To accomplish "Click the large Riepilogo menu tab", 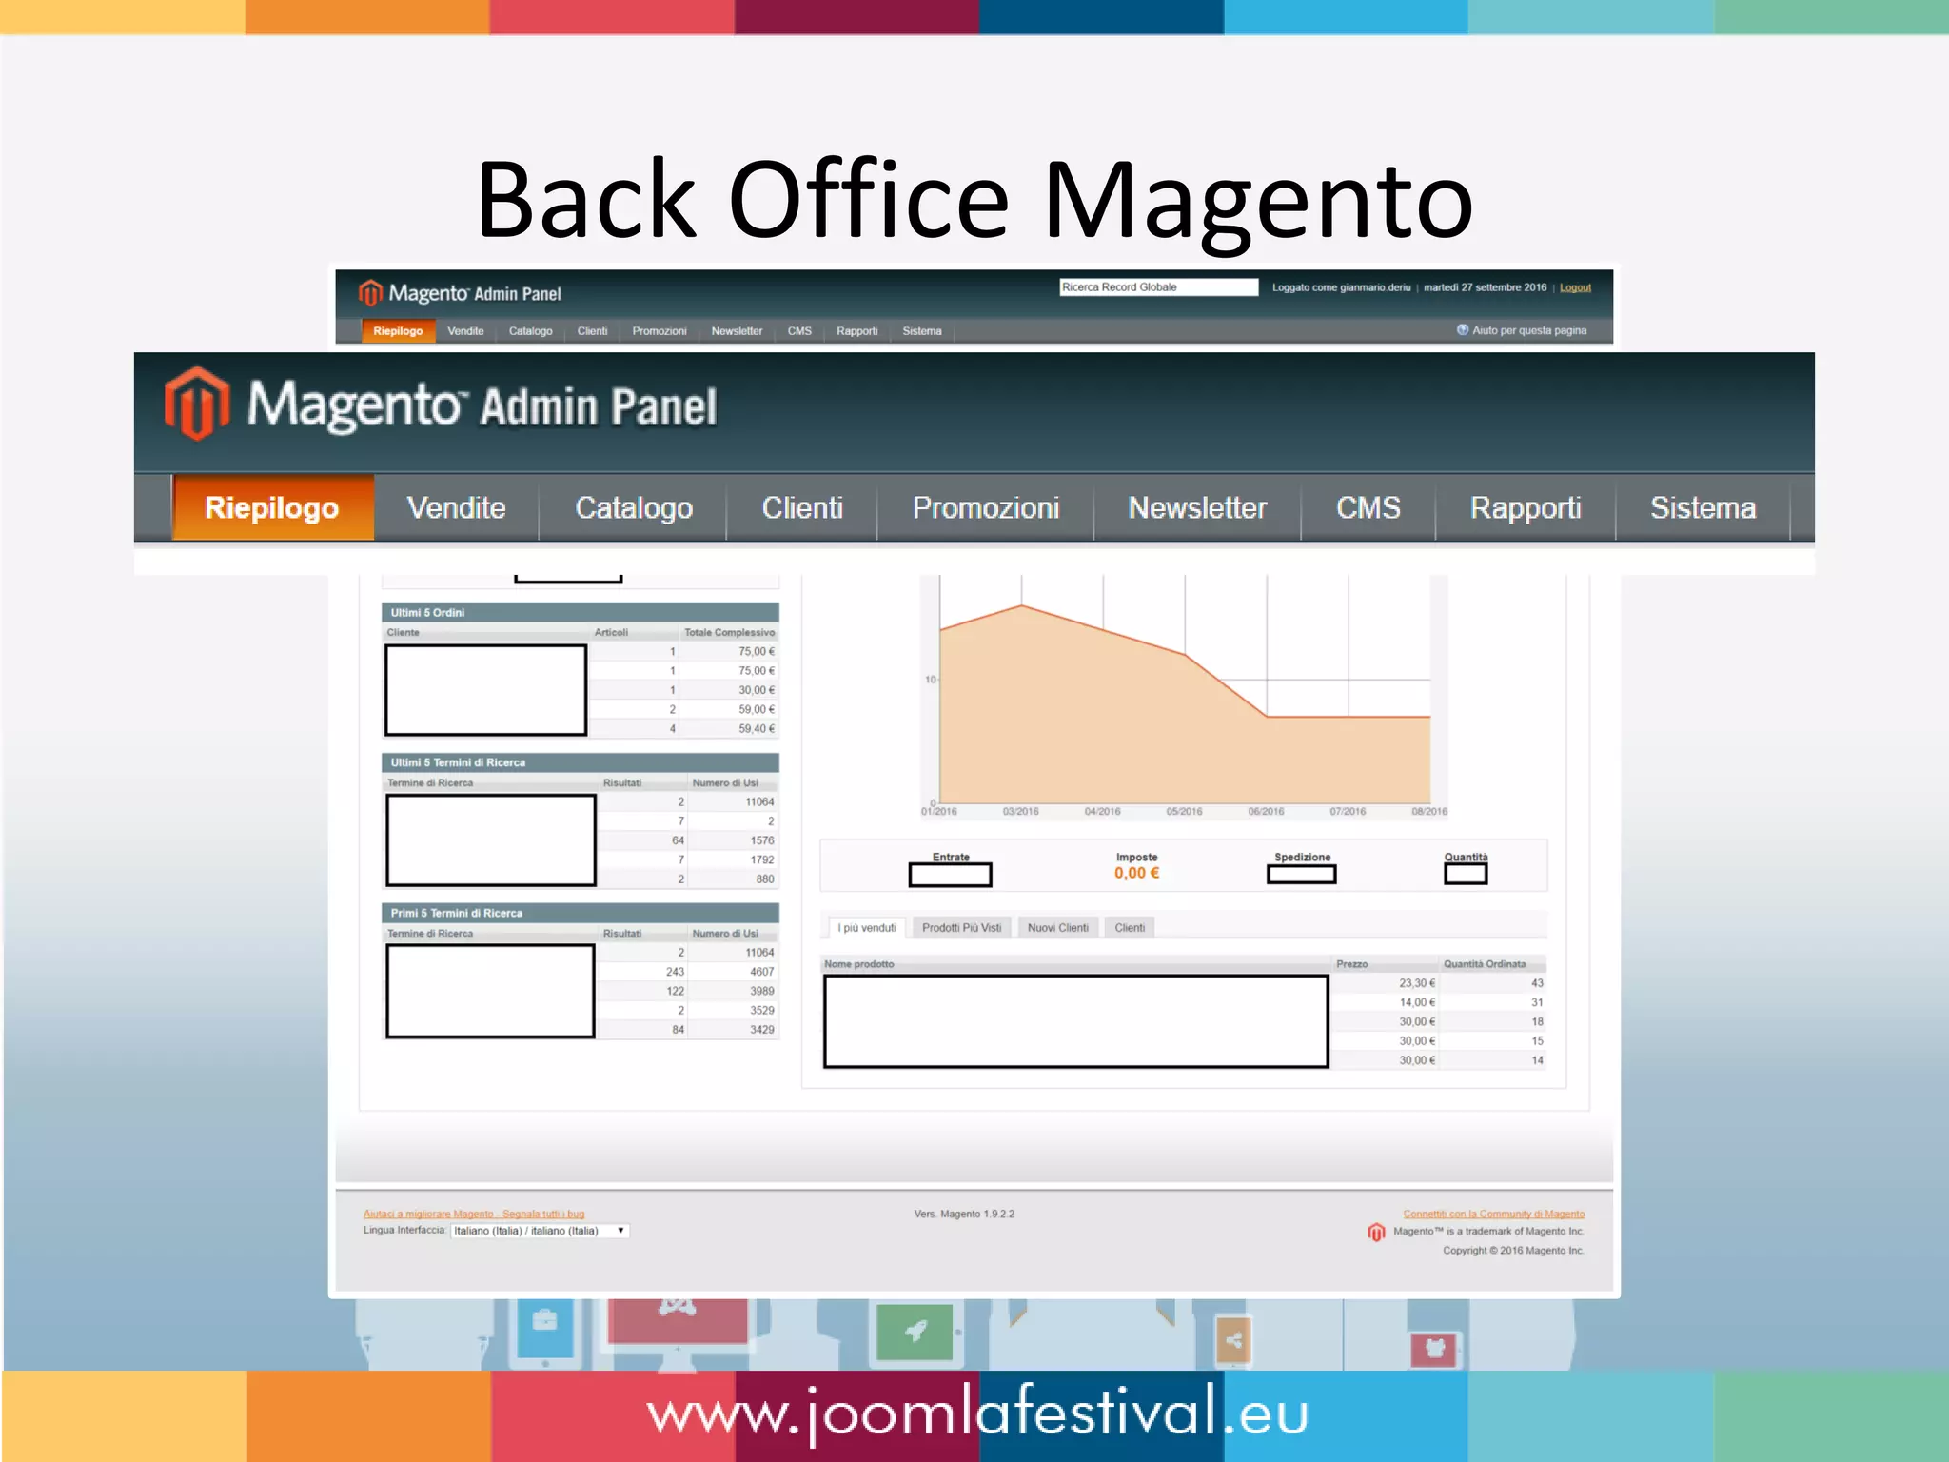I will click(x=272, y=508).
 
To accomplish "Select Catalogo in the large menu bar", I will click(x=634, y=508).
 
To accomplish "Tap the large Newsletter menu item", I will click(x=1197, y=508).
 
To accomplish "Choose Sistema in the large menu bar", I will click(x=1703, y=508).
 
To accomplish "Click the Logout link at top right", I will click(x=1575, y=287).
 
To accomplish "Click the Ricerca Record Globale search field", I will click(x=1158, y=287).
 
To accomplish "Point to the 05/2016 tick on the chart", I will click(x=1185, y=811).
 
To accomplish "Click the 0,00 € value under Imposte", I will click(x=1137, y=873).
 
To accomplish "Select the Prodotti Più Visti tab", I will click(x=961, y=928).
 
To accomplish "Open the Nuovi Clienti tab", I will click(x=1057, y=928).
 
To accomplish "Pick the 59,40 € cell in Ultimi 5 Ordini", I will click(x=757, y=729).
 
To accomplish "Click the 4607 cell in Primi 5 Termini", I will click(x=761, y=972).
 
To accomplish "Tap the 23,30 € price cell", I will click(x=1417, y=983).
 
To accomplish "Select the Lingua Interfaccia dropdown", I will click(x=540, y=1231).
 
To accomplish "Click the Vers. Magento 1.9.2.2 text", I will click(x=964, y=1214).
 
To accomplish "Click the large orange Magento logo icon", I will click(x=197, y=404).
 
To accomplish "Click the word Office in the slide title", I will click(x=868, y=201).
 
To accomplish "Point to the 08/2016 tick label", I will click(x=1429, y=812).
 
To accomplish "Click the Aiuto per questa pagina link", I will click(x=1528, y=330).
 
